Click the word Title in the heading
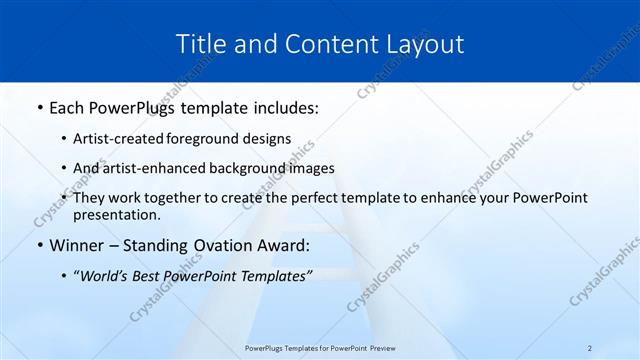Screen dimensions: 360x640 pyautogui.click(x=198, y=44)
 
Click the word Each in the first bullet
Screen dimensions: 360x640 pyautogui.click(x=66, y=107)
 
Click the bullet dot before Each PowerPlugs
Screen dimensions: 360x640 pyautogui.click(x=38, y=108)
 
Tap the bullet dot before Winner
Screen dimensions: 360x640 pyautogui.click(x=38, y=245)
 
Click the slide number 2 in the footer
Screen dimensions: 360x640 pyautogui.click(x=590, y=348)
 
